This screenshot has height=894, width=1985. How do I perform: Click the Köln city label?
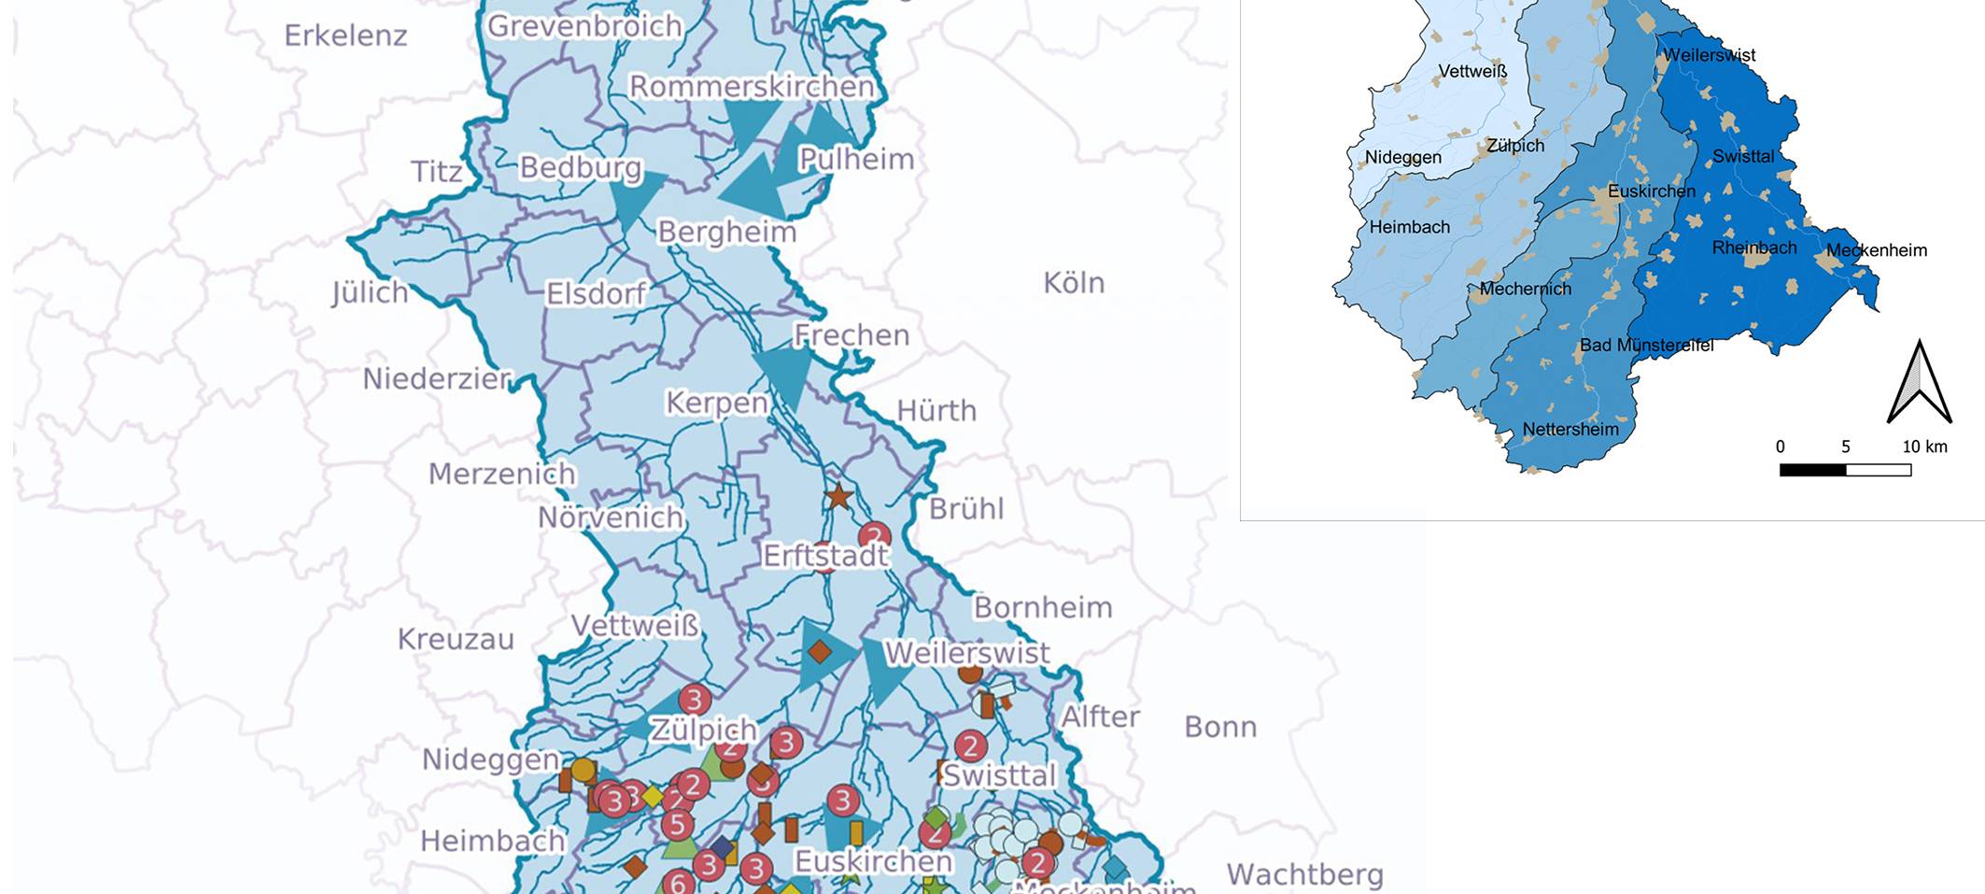1074,282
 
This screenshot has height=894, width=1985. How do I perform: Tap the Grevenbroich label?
584,26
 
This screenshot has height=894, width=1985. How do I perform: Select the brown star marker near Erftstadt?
838,496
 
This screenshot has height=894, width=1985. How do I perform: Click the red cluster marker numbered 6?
679,883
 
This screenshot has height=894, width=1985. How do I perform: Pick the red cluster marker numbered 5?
677,824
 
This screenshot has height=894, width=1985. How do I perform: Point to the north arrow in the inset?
1919,383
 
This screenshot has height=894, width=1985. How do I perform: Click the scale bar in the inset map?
1844,470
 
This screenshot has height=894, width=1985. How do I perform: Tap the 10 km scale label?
1924,447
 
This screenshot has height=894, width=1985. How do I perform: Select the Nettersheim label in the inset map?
1570,429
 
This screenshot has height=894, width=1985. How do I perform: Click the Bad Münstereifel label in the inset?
1646,345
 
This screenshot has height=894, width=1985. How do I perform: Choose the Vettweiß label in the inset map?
1472,71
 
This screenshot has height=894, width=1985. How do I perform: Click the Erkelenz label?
345,35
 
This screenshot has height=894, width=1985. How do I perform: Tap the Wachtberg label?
1304,874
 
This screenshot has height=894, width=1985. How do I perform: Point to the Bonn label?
1220,727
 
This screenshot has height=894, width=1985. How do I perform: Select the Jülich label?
370,292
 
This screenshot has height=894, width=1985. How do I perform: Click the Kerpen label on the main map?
716,403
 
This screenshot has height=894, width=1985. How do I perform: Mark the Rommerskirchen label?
752,86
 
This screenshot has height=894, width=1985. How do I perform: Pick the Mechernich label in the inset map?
1525,289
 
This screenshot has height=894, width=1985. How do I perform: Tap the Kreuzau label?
456,639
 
